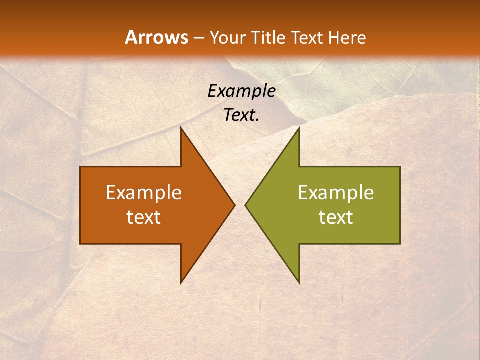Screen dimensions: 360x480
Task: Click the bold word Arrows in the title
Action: [156, 38]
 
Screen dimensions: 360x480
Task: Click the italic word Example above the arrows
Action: [242, 91]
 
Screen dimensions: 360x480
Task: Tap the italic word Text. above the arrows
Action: [242, 115]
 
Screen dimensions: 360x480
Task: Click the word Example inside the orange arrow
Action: [144, 193]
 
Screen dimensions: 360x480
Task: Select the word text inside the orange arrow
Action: [144, 217]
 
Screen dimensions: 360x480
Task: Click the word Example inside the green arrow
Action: [336, 193]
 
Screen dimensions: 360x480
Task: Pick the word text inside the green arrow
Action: [336, 217]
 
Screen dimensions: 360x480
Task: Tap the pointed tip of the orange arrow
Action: [234, 205]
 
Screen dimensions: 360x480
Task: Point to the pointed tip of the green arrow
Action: [245, 205]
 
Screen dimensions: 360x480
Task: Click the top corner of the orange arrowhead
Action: [181, 128]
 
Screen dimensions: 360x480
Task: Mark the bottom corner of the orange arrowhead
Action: [181, 283]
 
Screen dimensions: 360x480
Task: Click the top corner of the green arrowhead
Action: [299, 128]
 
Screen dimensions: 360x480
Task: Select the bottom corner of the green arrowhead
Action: [299, 283]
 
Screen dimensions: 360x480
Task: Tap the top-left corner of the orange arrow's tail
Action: [80, 167]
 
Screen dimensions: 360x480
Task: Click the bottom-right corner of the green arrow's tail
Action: [400, 244]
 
